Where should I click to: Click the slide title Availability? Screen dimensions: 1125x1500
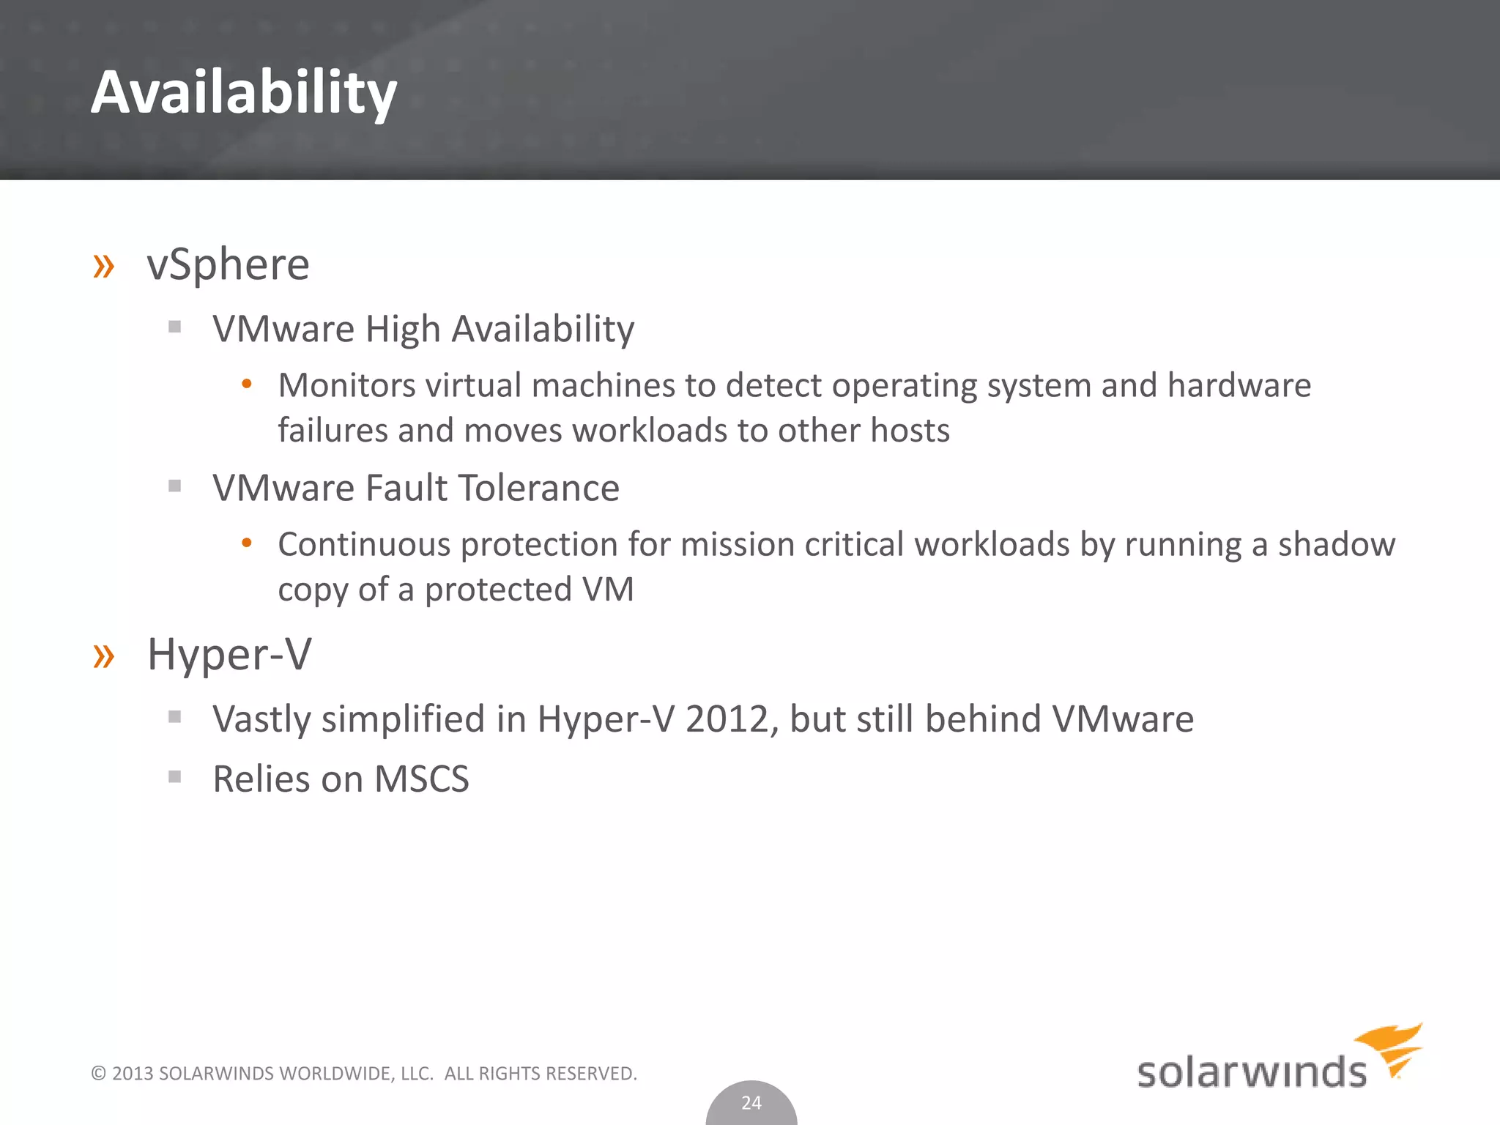244,93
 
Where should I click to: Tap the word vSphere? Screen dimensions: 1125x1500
229,264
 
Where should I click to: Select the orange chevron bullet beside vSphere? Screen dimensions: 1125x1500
104,267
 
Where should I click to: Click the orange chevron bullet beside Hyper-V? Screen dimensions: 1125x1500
104,656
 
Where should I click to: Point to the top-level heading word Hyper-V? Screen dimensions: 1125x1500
229,654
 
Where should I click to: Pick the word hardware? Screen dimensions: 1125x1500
1239,385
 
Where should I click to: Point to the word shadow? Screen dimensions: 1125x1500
1337,545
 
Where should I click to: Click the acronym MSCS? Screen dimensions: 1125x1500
421,779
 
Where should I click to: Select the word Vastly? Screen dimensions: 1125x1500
261,719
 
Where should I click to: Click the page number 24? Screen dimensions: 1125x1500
751,1103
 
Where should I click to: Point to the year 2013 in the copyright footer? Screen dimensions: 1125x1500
133,1074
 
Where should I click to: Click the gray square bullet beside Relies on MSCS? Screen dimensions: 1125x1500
174,777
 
